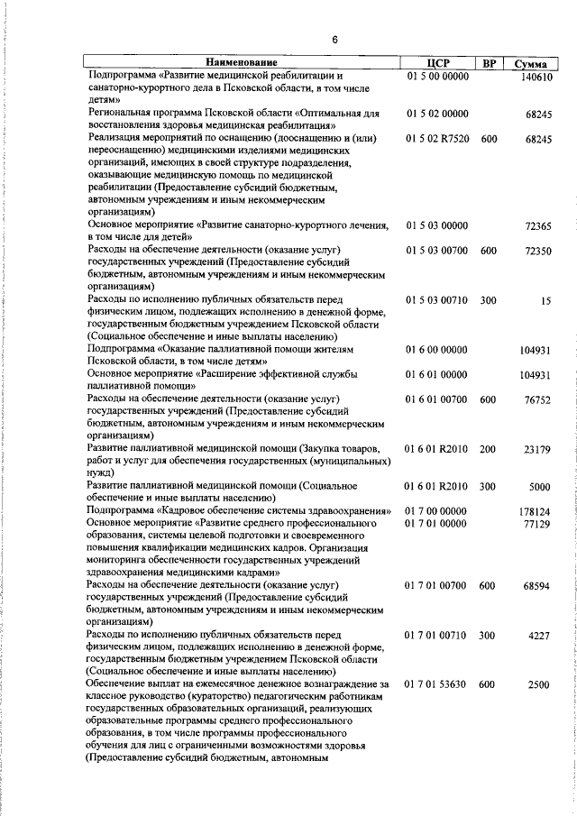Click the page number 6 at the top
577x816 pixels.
(334, 40)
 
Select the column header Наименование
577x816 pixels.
(241, 63)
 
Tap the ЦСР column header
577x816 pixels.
(436, 63)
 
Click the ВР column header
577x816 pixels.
(488, 63)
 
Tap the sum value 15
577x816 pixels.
(545, 300)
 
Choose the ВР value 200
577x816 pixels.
(488, 448)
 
